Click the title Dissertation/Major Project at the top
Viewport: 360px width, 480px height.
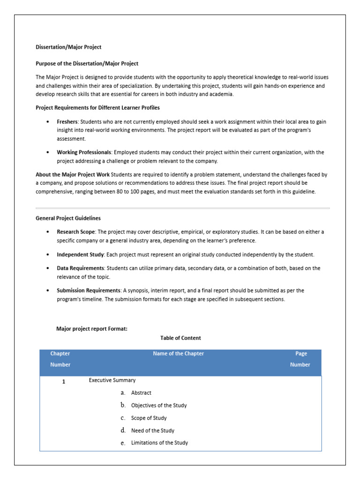68,47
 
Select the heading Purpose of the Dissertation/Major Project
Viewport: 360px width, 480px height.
87,63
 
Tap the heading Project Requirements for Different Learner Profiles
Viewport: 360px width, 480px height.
97,107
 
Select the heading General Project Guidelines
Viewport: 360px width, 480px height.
68,218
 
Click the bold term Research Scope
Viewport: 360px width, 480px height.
76,232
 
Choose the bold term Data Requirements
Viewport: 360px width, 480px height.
81,268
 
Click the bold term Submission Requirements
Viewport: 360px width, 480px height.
88,291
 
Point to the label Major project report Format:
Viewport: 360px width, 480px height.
91,329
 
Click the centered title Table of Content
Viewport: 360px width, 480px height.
180,337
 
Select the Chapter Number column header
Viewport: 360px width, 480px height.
60,359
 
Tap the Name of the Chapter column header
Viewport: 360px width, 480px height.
178,353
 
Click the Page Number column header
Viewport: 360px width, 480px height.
300,359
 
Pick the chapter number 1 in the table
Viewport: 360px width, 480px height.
64,382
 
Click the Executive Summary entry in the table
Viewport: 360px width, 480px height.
112,380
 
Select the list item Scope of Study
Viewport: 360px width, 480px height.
149,418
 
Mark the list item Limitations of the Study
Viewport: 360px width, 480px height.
159,442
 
